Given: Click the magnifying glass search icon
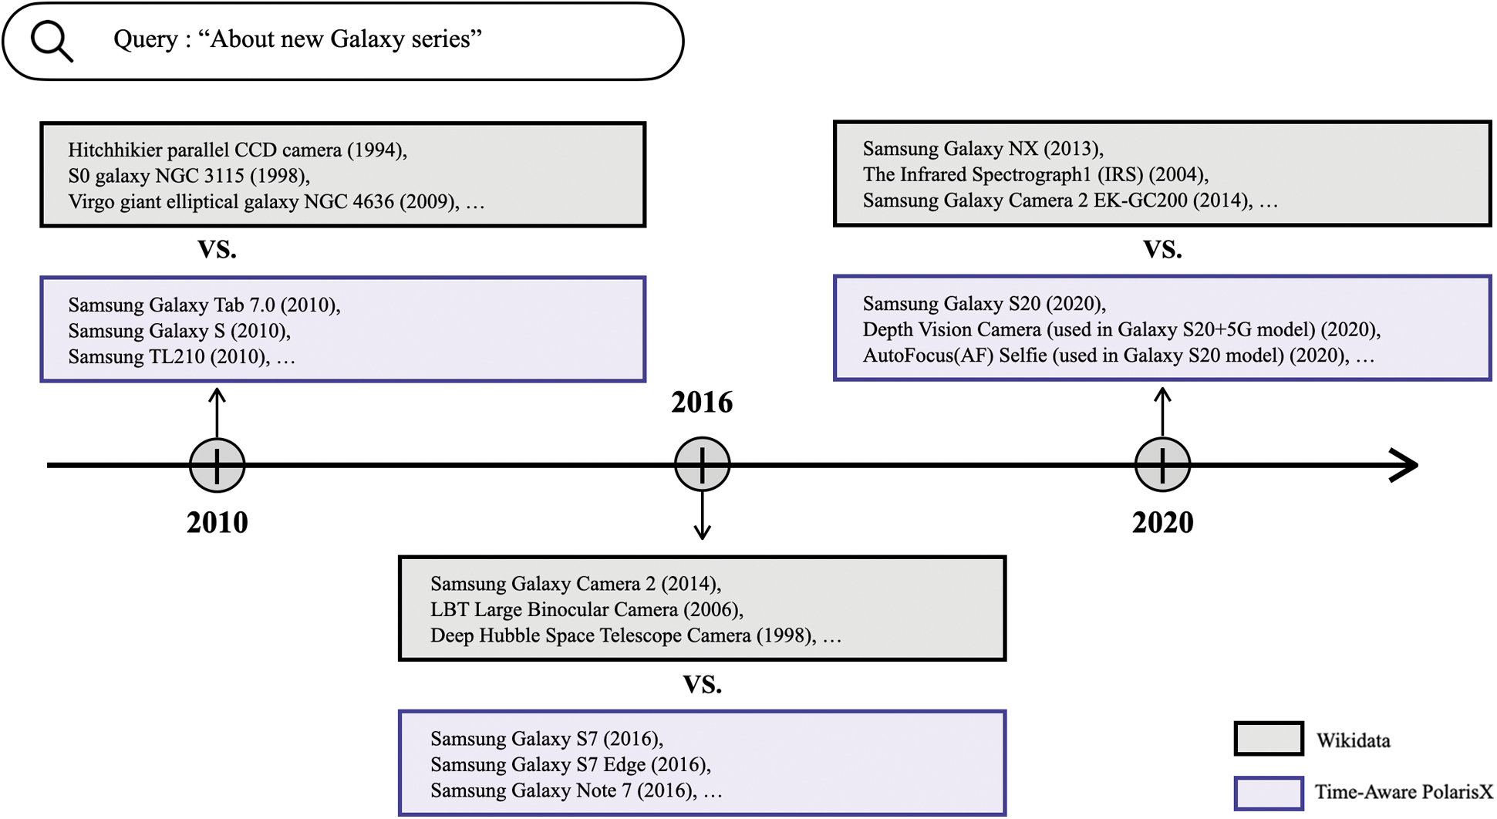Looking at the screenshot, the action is (x=52, y=41).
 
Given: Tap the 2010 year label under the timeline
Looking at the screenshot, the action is (x=217, y=523).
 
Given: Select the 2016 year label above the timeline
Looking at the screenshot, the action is (x=702, y=403).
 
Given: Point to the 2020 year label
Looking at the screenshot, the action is (x=1162, y=523).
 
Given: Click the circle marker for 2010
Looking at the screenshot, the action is (x=217, y=465).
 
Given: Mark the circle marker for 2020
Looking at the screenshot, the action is (x=1162, y=465).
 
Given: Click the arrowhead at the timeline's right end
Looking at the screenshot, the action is (x=1405, y=465).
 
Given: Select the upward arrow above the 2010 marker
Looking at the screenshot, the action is (x=217, y=413).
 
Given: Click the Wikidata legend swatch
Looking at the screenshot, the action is (x=1269, y=739).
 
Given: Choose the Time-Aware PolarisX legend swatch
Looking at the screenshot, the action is (x=1269, y=793).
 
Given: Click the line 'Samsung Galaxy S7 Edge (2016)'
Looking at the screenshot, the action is (x=571, y=764).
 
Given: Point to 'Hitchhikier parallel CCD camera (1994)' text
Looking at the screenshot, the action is (x=238, y=150).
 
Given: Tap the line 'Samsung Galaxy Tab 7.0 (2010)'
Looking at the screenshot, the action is (x=204, y=305).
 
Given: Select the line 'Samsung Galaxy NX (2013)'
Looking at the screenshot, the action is (x=983, y=148).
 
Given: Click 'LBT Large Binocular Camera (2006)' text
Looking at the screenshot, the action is (x=587, y=609).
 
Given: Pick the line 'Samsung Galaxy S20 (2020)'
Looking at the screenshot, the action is (x=984, y=303).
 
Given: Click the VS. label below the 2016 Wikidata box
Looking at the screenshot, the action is (x=702, y=684).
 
